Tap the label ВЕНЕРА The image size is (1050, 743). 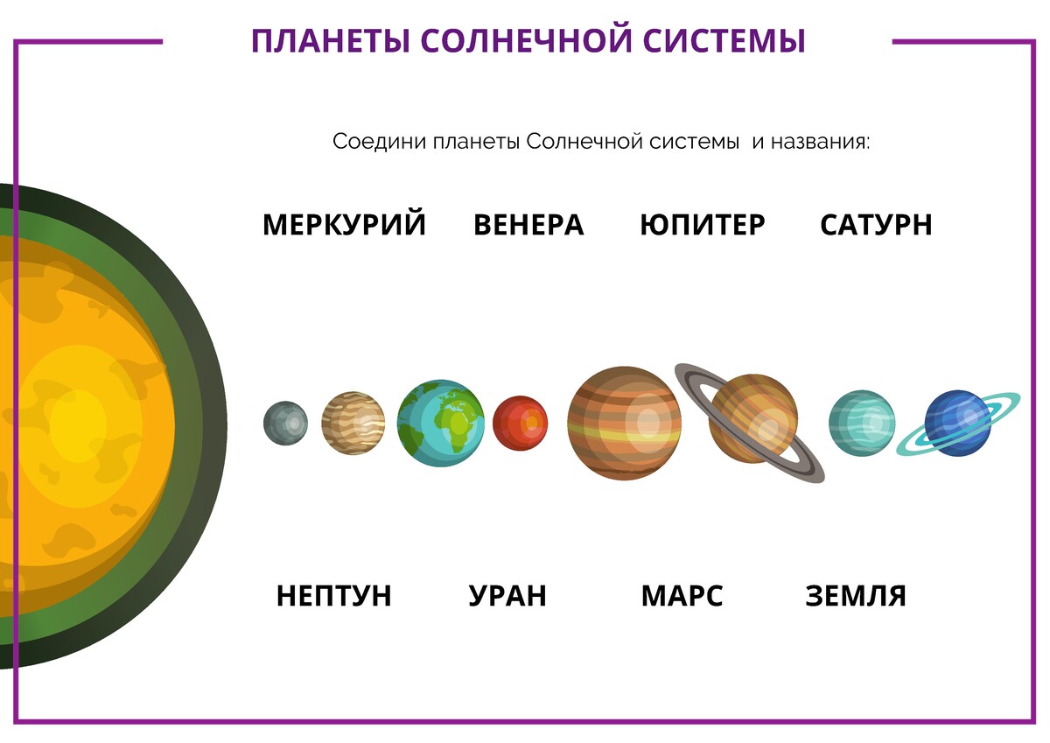(528, 225)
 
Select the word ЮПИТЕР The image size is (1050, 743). (702, 225)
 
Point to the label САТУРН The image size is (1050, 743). (876, 225)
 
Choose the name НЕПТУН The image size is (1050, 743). (333, 596)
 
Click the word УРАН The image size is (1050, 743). (507, 596)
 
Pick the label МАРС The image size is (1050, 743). (682, 596)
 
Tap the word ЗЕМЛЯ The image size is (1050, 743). (856, 596)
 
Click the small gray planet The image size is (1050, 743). (285, 423)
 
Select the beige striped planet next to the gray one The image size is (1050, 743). (353, 423)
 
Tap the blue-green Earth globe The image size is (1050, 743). (441, 423)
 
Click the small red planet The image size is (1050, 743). (520, 423)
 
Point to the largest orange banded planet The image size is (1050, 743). (625, 423)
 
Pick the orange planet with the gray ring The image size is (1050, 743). (752, 418)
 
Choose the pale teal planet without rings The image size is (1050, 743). (862, 423)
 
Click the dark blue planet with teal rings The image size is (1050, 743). (957, 423)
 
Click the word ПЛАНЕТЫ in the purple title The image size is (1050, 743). (331, 41)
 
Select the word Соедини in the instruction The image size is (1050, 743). (379, 141)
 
